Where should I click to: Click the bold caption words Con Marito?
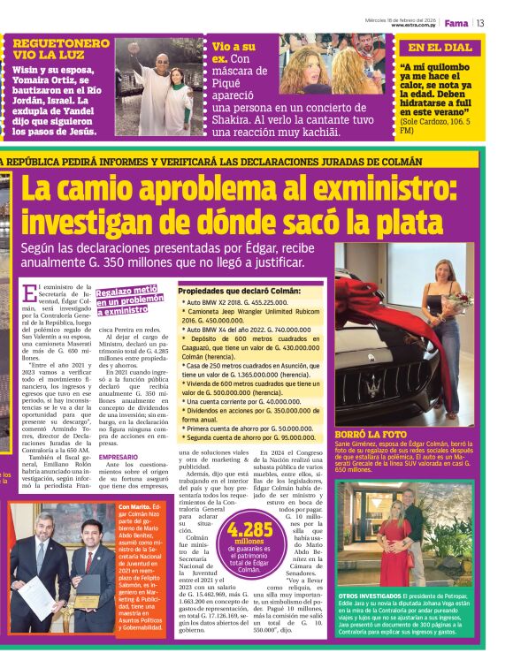point(134,507)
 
